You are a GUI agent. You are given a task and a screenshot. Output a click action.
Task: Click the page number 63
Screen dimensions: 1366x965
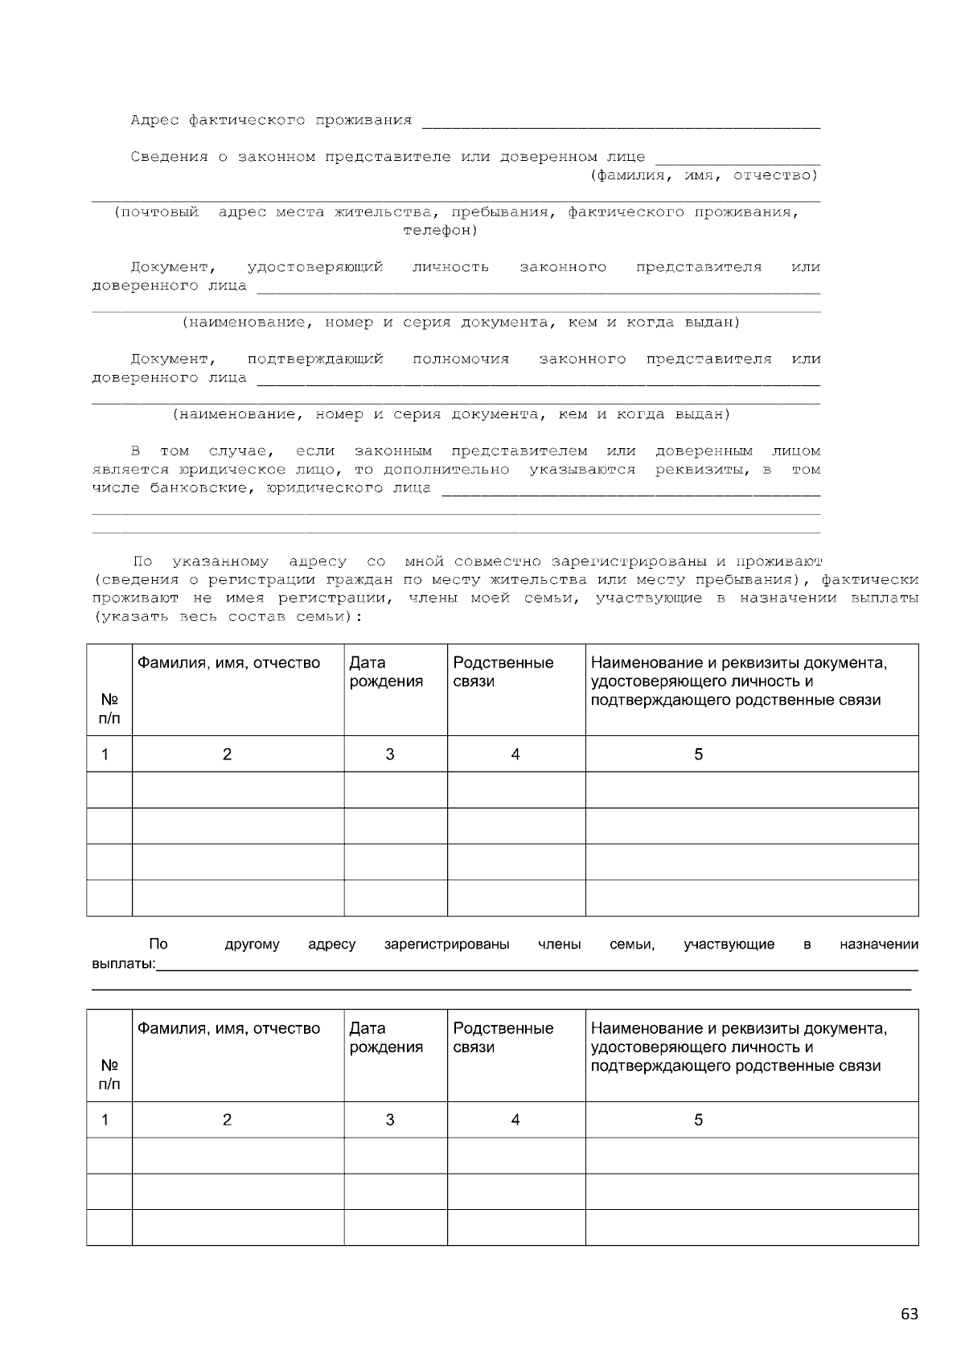pyautogui.click(x=909, y=1315)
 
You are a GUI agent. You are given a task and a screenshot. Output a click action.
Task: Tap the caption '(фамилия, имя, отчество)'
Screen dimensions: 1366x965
pyautogui.click(x=704, y=175)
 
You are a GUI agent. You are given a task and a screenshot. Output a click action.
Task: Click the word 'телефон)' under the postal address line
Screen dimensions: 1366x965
pyautogui.click(x=440, y=231)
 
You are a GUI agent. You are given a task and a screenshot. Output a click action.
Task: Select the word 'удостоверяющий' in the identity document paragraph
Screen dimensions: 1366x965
pyautogui.click(x=314, y=267)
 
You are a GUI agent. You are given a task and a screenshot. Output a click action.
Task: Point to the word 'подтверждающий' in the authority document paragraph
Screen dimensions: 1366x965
pyautogui.click(x=314, y=360)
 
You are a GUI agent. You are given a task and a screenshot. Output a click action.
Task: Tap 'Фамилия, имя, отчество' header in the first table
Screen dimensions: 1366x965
pyautogui.click(x=228, y=663)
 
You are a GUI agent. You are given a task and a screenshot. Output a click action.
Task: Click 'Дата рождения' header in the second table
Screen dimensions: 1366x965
pyautogui.click(x=386, y=1038)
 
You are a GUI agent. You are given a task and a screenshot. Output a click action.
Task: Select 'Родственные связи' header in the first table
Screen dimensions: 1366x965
pyautogui.click(x=503, y=672)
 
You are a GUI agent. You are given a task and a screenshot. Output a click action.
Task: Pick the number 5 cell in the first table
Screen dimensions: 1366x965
pyautogui.click(x=698, y=755)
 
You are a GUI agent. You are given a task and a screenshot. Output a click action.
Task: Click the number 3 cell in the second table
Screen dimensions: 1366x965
pyautogui.click(x=390, y=1120)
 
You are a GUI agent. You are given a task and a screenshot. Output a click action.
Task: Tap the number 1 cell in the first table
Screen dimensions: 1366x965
pyautogui.click(x=105, y=755)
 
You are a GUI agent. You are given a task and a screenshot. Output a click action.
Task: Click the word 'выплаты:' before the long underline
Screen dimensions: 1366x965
pyautogui.click(x=123, y=964)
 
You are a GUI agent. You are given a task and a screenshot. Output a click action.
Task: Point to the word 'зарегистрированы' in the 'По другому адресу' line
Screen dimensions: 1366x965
pyautogui.click(x=446, y=944)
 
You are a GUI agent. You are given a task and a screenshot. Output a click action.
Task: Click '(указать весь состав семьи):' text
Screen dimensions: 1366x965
pyautogui.click(x=228, y=617)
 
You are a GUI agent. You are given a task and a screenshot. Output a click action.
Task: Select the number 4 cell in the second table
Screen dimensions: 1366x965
pyautogui.click(x=515, y=1120)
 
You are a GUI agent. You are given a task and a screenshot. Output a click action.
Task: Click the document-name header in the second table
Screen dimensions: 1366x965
pyautogui.click(x=738, y=1047)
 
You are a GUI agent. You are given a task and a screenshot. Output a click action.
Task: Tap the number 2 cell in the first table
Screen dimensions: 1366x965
pyautogui.click(x=227, y=755)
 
